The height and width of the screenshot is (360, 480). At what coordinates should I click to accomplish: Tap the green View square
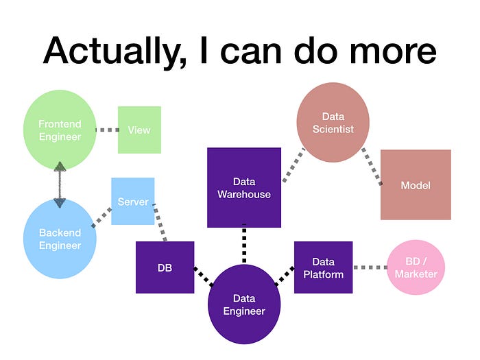click(139, 130)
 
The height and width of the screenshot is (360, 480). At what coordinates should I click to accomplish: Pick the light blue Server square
click(132, 201)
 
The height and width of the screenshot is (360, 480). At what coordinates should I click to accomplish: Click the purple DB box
click(165, 267)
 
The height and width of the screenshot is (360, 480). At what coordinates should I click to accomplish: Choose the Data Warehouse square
click(244, 187)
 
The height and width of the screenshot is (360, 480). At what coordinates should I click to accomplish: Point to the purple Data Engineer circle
click(244, 304)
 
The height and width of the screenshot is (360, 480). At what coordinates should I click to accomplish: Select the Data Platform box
click(323, 267)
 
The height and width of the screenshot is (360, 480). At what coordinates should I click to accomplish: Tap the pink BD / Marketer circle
click(416, 267)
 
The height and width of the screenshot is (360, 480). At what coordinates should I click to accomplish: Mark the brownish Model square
click(416, 184)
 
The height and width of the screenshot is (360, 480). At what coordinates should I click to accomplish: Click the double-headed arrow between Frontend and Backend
click(60, 184)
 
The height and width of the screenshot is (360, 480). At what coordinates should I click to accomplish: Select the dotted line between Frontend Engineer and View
click(106, 130)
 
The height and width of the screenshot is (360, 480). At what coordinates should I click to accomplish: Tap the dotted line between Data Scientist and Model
click(372, 167)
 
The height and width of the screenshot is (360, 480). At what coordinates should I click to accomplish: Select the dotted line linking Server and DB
click(160, 221)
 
